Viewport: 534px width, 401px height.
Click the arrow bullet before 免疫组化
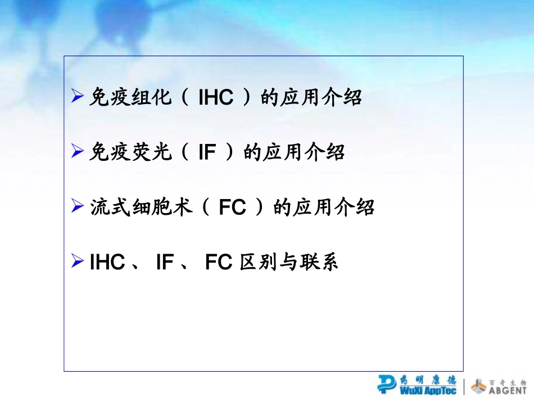(x=78, y=97)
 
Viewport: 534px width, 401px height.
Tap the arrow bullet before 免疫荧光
(x=78, y=152)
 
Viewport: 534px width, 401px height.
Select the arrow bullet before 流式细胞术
(x=78, y=207)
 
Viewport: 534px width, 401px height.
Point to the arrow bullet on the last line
(x=78, y=262)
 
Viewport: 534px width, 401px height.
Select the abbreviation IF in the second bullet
(x=207, y=153)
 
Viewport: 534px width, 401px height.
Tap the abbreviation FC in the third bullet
(x=232, y=208)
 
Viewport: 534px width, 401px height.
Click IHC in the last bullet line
(x=107, y=263)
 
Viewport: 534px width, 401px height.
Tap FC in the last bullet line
(x=219, y=263)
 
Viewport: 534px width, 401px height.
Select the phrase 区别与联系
(x=289, y=263)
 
